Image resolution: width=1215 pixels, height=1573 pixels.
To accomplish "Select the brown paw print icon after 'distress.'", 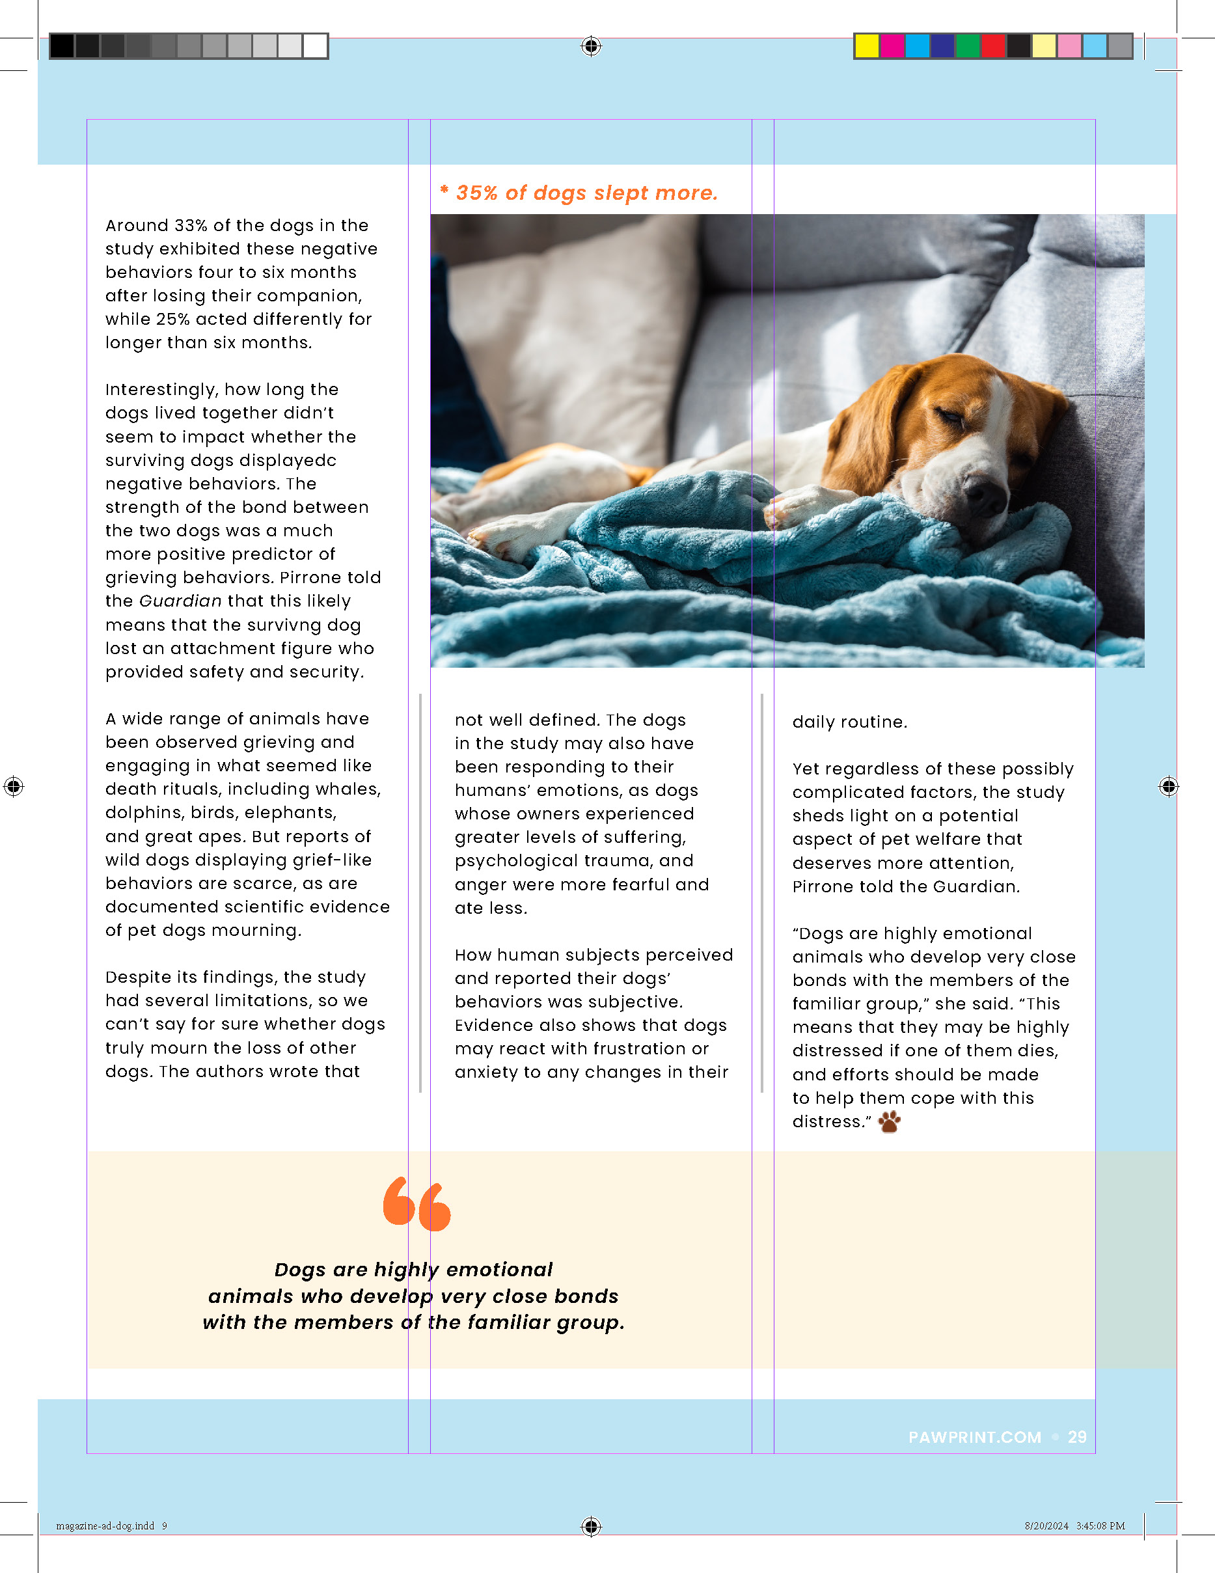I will [x=890, y=1121].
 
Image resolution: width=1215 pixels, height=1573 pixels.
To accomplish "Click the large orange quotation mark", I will [x=417, y=1203].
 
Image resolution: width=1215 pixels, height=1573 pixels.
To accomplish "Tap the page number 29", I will [x=1077, y=1437].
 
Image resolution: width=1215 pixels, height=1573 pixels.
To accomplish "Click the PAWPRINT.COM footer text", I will [x=974, y=1437].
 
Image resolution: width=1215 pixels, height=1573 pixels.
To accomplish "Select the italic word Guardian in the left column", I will [x=180, y=601].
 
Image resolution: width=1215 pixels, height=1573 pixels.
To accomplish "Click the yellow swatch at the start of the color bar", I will [x=866, y=46].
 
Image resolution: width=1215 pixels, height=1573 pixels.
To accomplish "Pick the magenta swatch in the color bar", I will [x=892, y=46].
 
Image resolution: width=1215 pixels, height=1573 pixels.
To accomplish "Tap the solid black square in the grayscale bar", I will [x=62, y=46].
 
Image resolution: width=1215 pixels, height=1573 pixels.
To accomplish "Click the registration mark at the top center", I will [x=590, y=46].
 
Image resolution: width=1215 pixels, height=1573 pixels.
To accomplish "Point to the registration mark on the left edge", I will [x=13, y=786].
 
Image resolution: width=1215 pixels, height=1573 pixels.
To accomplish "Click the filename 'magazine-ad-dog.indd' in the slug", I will [x=105, y=1525].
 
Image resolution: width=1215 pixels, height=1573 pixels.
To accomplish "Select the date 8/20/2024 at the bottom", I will [x=1046, y=1525].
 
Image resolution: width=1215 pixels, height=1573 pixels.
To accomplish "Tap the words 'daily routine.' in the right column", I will [x=849, y=722].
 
